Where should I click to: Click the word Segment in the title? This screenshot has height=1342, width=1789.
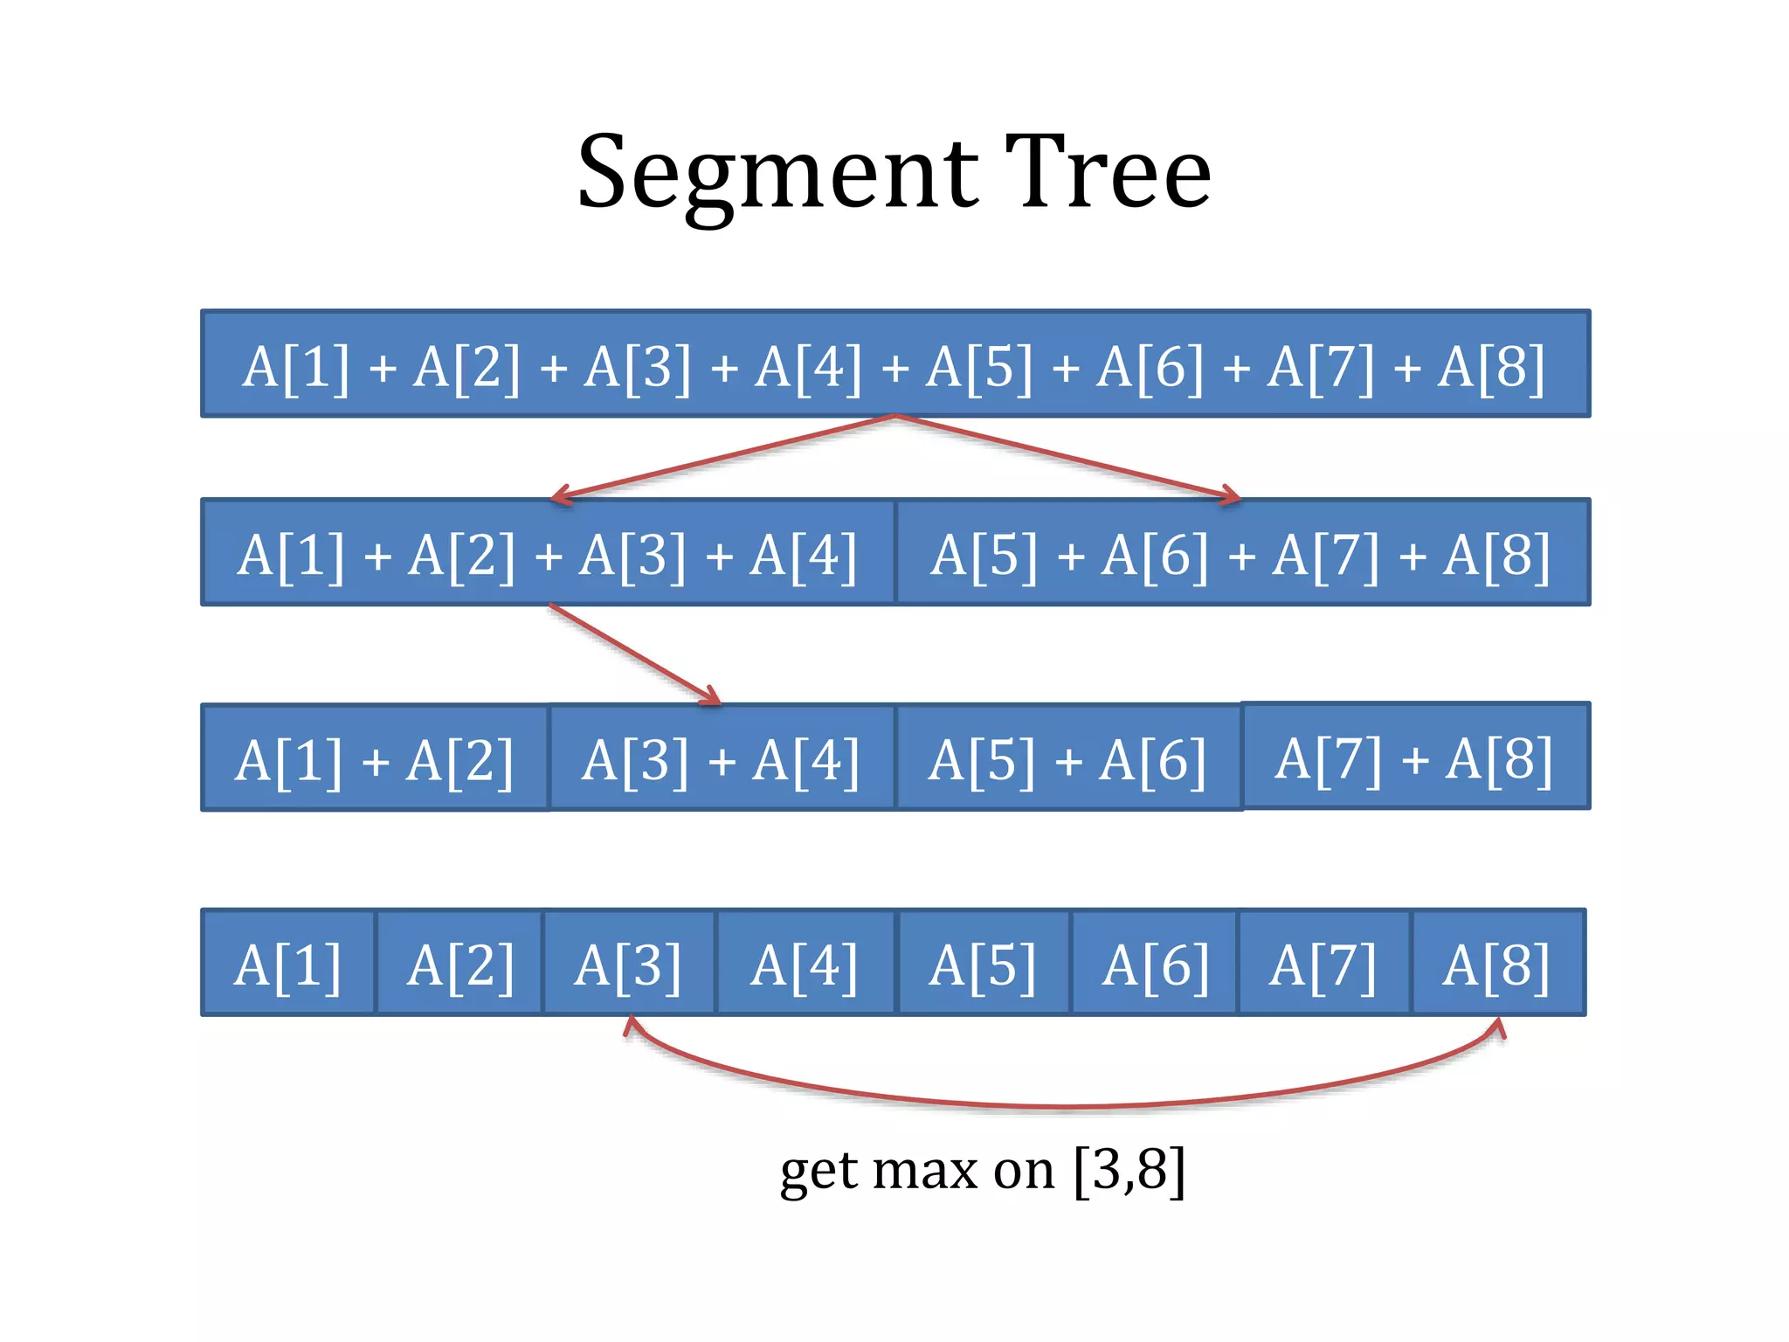click(777, 175)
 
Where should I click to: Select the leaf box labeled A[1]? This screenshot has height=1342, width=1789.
click(288, 963)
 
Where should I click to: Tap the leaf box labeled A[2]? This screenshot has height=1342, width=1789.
click(459, 963)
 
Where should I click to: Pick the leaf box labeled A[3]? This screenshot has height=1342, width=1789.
click(629, 963)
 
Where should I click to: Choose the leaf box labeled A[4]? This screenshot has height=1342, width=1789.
click(805, 963)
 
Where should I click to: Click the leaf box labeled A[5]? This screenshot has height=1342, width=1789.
click(984, 963)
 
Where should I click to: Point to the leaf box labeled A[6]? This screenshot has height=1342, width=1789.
click(1155, 963)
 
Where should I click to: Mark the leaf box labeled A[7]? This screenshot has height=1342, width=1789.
click(1323, 963)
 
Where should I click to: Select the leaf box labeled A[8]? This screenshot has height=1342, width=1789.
click(1497, 963)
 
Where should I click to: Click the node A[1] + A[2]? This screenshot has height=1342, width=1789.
click(375, 758)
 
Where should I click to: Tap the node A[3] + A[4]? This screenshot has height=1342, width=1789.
click(722, 758)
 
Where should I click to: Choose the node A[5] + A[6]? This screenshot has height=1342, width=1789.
click(1068, 758)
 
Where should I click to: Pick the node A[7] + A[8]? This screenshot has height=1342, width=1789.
click(1415, 757)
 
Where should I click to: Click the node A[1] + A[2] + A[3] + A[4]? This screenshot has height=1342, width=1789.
click(548, 553)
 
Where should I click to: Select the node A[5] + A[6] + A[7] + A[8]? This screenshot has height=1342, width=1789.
click(1241, 553)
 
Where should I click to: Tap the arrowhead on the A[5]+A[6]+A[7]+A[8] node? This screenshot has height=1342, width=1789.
click(1233, 495)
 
